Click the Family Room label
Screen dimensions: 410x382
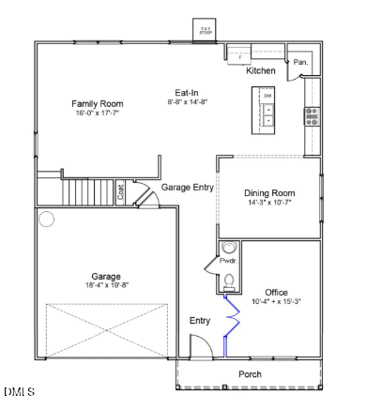point(98,103)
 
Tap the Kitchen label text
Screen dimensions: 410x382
point(260,71)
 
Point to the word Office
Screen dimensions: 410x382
point(276,292)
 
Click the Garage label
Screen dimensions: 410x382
point(105,277)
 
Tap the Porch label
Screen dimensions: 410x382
point(250,374)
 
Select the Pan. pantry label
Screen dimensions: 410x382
point(300,62)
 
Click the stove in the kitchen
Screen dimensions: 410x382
point(311,115)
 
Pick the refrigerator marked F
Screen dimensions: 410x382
point(239,57)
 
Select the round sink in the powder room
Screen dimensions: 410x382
point(229,249)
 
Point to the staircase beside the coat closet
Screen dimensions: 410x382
point(89,193)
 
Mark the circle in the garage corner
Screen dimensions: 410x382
point(47,220)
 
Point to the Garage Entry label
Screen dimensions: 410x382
point(188,188)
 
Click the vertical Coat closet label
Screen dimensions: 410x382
point(120,192)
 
